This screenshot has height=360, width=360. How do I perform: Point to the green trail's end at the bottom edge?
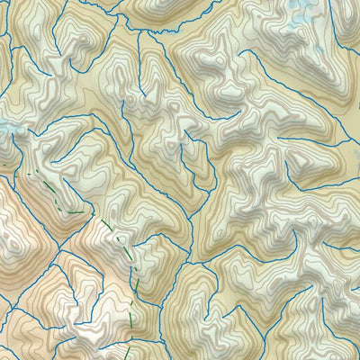point(127,357)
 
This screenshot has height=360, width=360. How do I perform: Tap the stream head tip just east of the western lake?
point(36,135)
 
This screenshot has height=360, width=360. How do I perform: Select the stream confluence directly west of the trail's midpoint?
point(58,243)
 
